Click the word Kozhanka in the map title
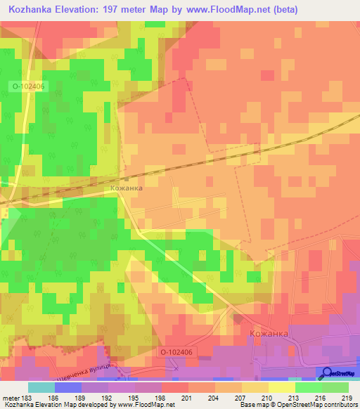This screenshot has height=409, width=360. coord(34,10)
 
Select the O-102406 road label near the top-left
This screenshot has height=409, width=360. coord(27,86)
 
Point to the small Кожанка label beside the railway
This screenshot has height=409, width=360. coord(127,188)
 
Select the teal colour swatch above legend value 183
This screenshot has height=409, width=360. coord(41,387)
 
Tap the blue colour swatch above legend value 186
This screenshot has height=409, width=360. coord(67,387)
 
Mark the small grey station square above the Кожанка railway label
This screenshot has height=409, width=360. coord(127,178)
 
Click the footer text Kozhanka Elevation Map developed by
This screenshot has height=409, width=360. coord(63,405)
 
